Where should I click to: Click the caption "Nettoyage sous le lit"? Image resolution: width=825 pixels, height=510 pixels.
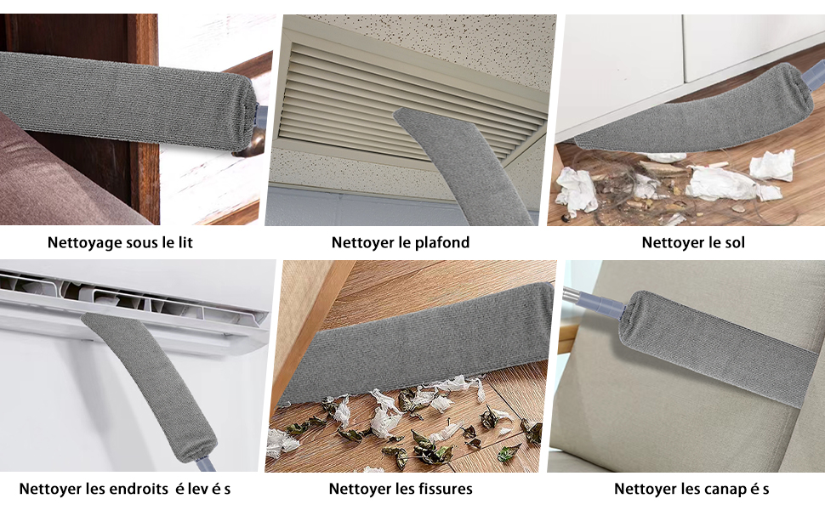120,242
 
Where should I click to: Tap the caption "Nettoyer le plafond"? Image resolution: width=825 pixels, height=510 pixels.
400,242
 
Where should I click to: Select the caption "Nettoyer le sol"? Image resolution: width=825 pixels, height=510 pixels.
693,242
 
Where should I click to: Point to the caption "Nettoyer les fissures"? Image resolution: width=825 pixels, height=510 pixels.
401,489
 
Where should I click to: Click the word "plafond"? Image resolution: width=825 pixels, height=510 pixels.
442,242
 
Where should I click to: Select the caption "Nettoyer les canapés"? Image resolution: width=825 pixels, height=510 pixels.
691,489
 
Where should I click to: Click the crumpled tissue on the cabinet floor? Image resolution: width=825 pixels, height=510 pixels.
723,180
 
